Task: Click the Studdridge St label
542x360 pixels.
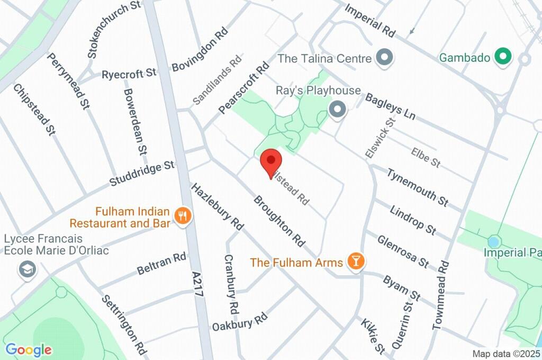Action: click(x=141, y=174)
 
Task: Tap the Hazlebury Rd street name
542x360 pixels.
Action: click(x=218, y=206)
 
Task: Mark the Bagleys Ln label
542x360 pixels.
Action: click(x=391, y=106)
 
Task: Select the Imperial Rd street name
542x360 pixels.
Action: click(x=370, y=21)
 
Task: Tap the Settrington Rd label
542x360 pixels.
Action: click(x=123, y=324)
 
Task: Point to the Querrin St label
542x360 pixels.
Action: click(x=402, y=323)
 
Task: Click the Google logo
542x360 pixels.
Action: click(x=29, y=349)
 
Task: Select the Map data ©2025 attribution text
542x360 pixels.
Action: click(x=506, y=354)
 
